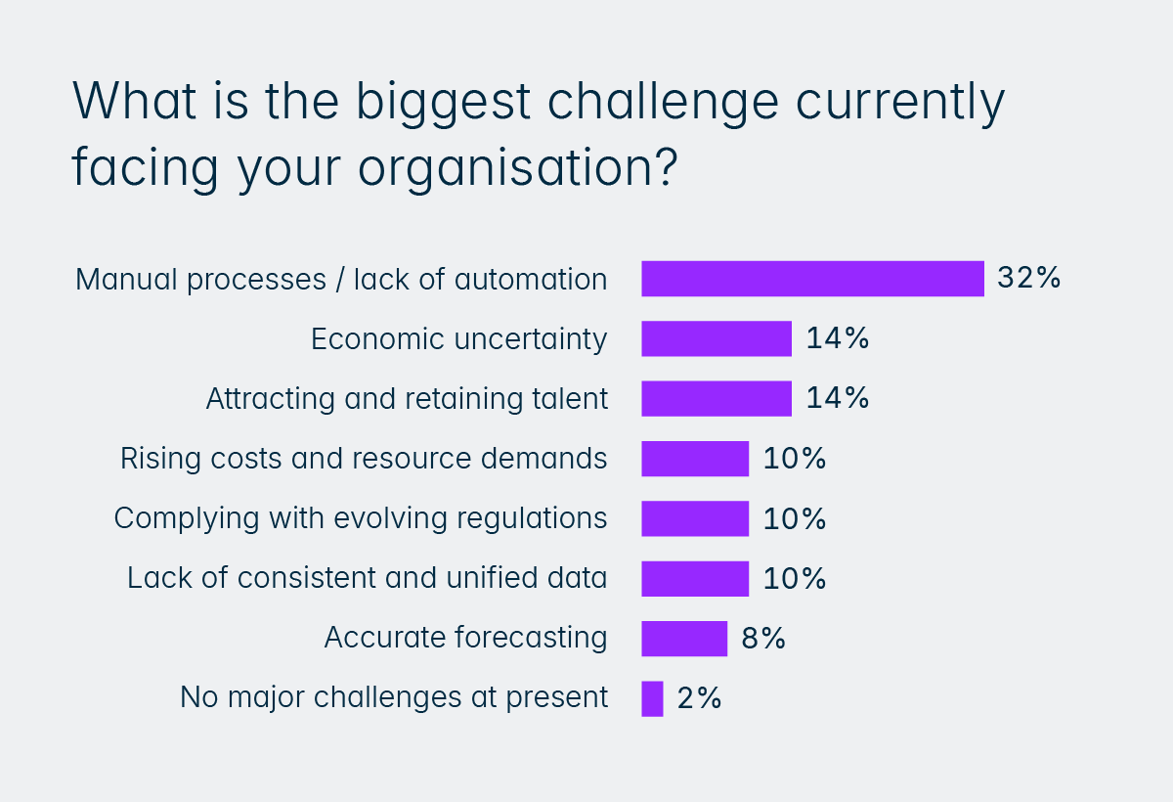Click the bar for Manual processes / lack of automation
(812, 279)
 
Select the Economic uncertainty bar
(717, 338)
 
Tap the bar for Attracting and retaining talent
(717, 399)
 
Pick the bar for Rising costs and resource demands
(695, 459)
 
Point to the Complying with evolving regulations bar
(695, 518)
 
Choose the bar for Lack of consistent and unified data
(695, 578)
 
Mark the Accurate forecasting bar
(684, 639)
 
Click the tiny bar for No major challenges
(652, 698)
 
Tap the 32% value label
(1028, 278)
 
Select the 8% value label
(762, 639)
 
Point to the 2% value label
(698, 698)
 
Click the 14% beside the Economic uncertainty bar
(838, 338)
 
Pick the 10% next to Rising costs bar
(795, 459)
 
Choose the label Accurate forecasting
(465, 639)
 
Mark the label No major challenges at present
(394, 698)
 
